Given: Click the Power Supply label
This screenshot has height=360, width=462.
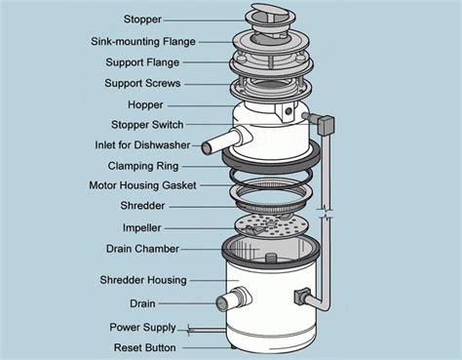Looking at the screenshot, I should coord(143,327).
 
